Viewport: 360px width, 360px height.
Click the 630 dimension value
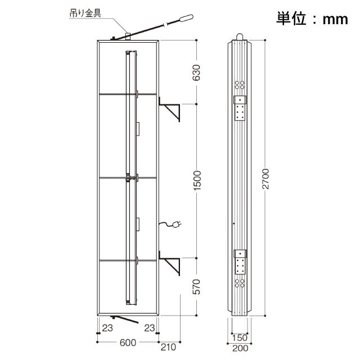tap(196, 73)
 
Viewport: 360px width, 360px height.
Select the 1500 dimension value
tap(197, 181)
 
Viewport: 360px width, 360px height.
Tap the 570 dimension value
tap(196, 287)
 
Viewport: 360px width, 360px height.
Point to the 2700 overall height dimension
tap(265, 179)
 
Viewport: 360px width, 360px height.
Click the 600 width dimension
tap(128, 343)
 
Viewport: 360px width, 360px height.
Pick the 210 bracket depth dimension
tap(168, 347)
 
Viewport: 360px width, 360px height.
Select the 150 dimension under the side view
tap(240, 337)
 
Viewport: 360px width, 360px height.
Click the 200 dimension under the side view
tap(240, 348)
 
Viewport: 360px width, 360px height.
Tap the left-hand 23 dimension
tap(107, 328)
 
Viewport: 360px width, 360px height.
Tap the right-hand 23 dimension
tap(150, 328)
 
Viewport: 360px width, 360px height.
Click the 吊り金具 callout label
tap(85, 13)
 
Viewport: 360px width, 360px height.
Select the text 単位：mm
tap(312, 19)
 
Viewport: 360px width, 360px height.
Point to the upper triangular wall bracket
tap(169, 109)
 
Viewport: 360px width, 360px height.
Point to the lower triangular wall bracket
tap(169, 263)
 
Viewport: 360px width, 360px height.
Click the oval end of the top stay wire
tap(186, 18)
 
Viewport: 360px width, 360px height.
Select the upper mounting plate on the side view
tap(240, 107)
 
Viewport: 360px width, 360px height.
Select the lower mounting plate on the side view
tap(240, 262)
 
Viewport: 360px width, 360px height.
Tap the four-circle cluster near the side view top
tap(240, 85)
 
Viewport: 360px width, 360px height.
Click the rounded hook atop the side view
tap(239, 37)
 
